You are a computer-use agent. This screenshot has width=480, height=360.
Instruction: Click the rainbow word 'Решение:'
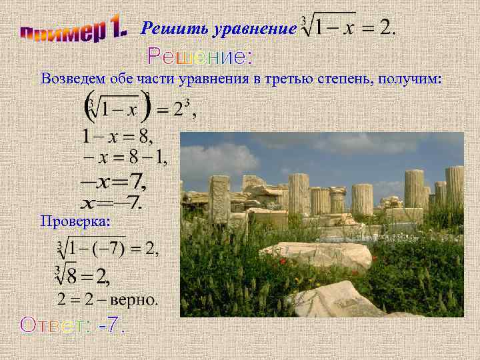pyautogui.click(x=200, y=56)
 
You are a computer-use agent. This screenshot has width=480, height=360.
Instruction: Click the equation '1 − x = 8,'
pyautogui.click(x=117, y=137)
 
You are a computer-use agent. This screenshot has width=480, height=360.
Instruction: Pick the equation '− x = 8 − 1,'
pyautogui.click(x=124, y=159)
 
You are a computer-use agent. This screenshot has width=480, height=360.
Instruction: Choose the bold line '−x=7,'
pyautogui.click(x=113, y=181)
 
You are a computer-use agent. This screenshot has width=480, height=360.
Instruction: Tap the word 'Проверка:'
pyautogui.click(x=75, y=220)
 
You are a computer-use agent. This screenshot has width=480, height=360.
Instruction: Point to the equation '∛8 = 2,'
pyautogui.click(x=83, y=275)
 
